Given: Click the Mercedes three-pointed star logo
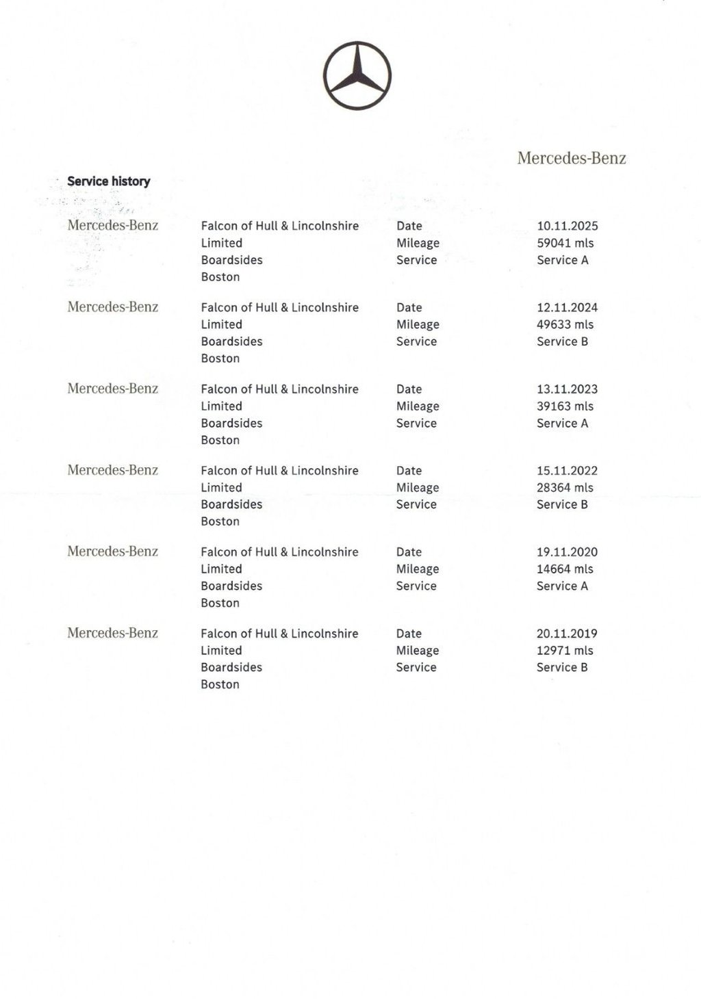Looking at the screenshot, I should tap(357, 75).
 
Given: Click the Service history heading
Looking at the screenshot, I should tap(108, 181).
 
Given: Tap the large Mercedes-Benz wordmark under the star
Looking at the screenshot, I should tap(572, 158).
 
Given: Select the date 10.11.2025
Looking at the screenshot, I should tap(567, 226).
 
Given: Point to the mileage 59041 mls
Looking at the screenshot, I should tap(565, 243).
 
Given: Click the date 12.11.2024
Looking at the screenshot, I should tap(567, 307).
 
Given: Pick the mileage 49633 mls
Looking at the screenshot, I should tap(565, 324).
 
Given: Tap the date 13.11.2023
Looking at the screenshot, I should tap(567, 389).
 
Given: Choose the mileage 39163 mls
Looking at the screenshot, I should tap(565, 406).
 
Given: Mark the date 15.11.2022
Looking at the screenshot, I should tap(567, 470).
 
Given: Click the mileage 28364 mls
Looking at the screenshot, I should tap(565, 487).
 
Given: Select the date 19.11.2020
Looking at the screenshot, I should tap(567, 552).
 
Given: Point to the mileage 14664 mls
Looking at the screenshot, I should tap(565, 569).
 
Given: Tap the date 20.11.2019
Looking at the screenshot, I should tap(567, 634).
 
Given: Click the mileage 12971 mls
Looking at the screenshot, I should tap(565, 650).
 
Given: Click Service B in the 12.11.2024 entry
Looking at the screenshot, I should tap(562, 341).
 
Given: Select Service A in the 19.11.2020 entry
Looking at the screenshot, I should tap(562, 586).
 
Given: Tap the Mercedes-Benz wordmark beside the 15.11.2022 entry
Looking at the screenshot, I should tap(113, 470).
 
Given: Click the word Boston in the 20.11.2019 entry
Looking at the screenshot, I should tap(220, 684).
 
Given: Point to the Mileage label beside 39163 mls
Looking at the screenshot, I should tap(418, 406).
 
